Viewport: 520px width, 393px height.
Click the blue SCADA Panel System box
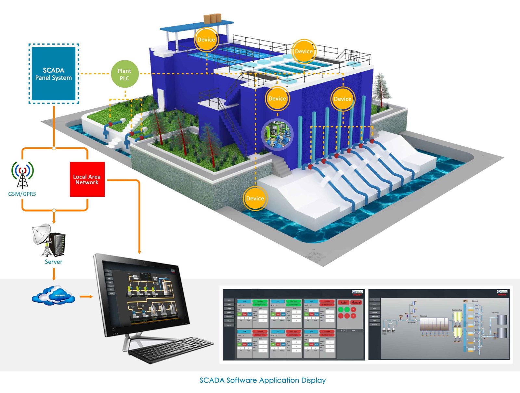point(54,74)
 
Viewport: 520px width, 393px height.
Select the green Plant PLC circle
point(124,74)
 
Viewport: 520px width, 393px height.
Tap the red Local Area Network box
point(87,179)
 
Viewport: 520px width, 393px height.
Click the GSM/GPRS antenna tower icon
point(22,175)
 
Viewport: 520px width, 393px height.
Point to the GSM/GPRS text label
point(22,194)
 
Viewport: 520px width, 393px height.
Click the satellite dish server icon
point(49,240)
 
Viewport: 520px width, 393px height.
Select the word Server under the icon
point(54,262)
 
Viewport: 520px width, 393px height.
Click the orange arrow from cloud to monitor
point(86,296)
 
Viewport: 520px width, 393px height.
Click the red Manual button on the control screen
point(356,302)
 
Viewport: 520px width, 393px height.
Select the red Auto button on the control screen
point(344,302)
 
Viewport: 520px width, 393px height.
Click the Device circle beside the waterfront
point(255,198)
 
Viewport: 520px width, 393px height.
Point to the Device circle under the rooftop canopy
point(206,40)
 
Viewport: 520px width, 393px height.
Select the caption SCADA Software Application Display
point(263,380)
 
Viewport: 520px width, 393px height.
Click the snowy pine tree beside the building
point(381,88)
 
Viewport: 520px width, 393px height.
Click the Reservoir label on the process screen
point(495,313)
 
